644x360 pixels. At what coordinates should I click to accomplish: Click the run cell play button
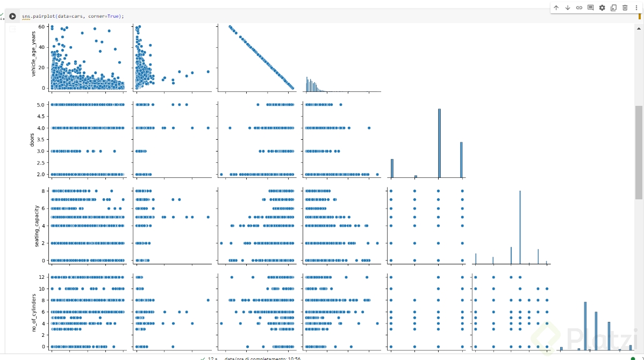point(12,16)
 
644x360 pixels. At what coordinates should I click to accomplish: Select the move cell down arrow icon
point(568,8)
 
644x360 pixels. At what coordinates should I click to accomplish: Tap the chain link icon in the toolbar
point(579,8)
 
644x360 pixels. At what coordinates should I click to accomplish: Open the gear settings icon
point(602,8)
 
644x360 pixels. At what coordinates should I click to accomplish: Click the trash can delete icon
point(625,8)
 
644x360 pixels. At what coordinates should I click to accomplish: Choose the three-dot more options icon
point(636,8)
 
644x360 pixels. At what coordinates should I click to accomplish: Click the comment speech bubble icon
point(590,8)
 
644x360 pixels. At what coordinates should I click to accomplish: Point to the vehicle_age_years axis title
point(34,57)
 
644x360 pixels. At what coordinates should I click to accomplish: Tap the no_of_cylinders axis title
point(34,312)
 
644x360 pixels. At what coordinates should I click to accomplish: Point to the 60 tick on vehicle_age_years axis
point(41,26)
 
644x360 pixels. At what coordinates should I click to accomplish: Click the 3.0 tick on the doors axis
point(40,151)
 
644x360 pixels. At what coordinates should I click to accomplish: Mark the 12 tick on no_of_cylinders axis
point(41,277)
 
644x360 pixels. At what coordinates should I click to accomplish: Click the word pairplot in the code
point(45,16)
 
